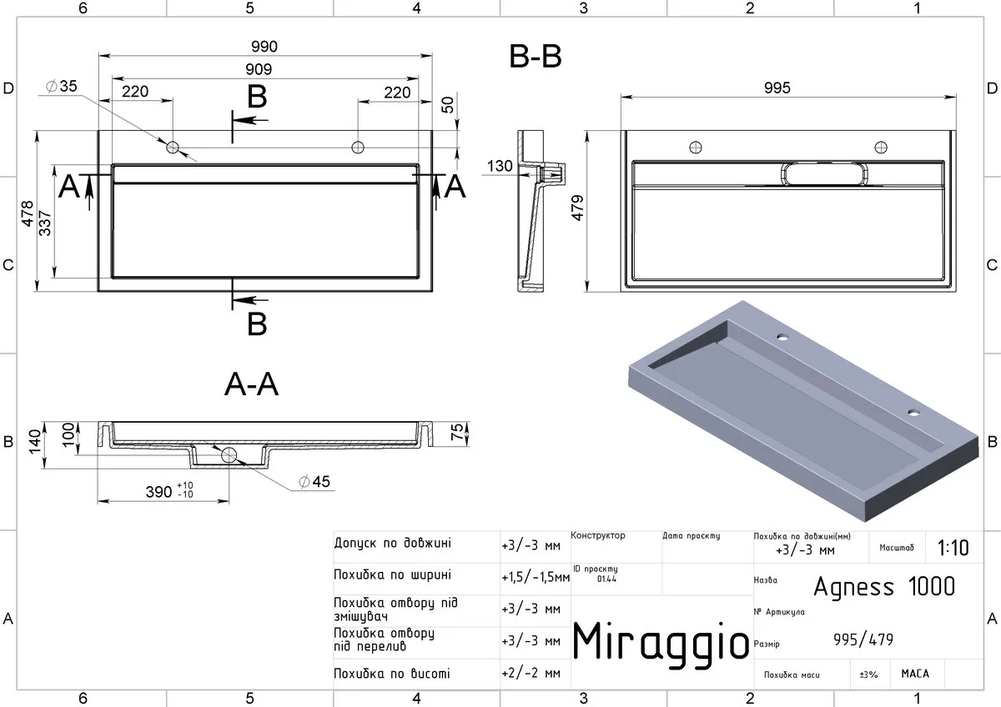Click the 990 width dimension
pos(264,47)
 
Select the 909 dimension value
pos(259,69)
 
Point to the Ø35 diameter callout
pos(62,86)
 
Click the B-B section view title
pos(536,57)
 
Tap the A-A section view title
pos(252,384)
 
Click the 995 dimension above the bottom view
pos(777,88)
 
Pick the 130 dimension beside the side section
pos(500,166)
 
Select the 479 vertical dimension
pos(577,208)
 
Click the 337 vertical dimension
pos(45,223)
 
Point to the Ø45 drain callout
pos(314,481)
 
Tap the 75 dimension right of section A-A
pos(457,433)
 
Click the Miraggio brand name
pos(661,641)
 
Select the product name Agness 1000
pos(884,586)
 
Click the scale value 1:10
pos(953,548)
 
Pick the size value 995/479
pos(863,639)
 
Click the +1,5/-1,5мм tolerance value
pos(536,577)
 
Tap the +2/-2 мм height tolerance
pos(531,673)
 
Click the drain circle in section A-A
pos(229,455)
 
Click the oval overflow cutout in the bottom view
pos(824,173)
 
